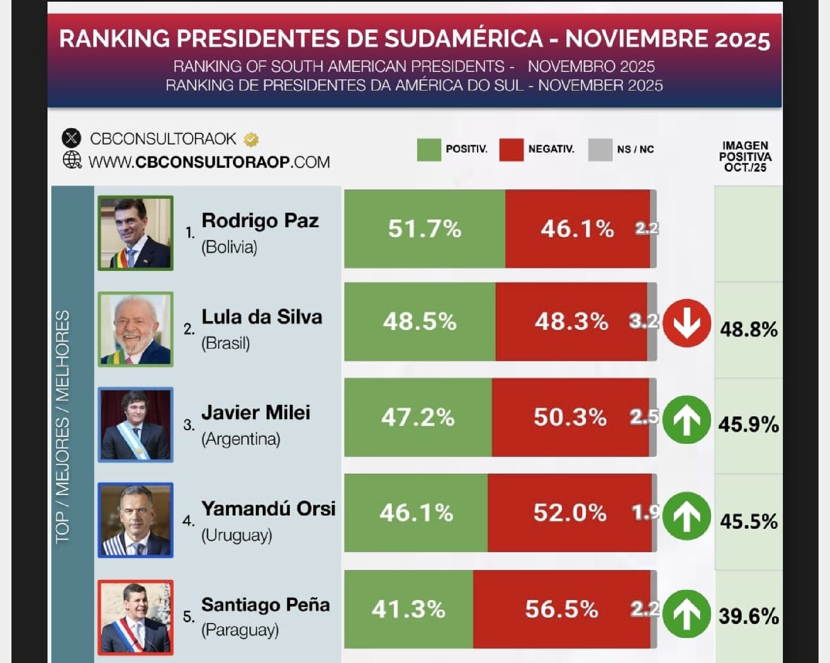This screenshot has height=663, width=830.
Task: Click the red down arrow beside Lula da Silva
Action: point(687,323)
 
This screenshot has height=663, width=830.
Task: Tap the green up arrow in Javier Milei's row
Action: point(687,420)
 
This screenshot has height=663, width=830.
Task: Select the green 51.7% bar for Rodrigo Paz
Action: point(424,229)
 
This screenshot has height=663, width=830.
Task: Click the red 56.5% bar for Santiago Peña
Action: point(561,609)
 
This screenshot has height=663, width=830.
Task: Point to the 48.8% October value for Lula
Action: point(749,329)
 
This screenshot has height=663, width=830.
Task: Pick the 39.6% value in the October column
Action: point(749,616)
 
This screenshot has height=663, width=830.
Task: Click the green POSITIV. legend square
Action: point(429,150)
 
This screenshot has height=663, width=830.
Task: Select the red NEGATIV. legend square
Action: point(511,150)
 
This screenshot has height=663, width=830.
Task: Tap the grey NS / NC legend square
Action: point(600,150)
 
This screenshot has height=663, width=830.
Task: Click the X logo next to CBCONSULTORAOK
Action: point(71,138)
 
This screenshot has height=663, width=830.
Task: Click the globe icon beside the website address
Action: point(72,160)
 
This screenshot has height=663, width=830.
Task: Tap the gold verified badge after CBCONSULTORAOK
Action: point(251,139)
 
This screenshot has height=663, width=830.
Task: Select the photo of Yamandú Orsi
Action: point(135,520)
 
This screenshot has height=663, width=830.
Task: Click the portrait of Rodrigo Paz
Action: point(135,233)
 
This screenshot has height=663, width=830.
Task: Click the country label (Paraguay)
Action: point(240,630)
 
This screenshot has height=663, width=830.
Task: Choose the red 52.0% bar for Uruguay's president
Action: point(569,513)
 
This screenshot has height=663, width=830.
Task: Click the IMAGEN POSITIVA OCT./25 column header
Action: point(745,157)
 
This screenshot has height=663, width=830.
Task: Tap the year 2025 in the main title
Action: point(742,39)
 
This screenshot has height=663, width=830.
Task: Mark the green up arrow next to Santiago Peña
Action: point(687,614)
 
